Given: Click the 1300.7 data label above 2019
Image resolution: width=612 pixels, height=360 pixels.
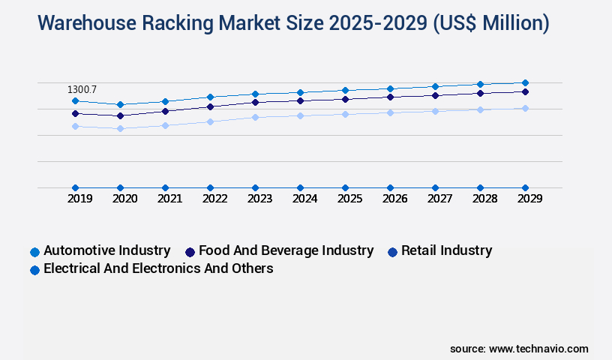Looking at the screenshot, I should pyautogui.click(x=82, y=89).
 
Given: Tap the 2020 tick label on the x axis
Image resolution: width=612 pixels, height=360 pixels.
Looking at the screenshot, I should pyautogui.click(x=124, y=199).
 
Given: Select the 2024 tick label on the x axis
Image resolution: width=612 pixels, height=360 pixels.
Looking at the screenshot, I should pyautogui.click(x=304, y=199).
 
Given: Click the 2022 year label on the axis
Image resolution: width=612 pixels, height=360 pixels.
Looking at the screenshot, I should pyautogui.click(x=214, y=199).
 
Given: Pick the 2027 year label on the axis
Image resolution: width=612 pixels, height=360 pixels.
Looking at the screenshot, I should pyautogui.click(x=439, y=199).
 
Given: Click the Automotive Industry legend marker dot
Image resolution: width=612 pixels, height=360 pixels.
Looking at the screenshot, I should pyautogui.click(x=34, y=252).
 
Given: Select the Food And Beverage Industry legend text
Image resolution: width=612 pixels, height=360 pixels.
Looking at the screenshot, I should pyautogui.click(x=286, y=250).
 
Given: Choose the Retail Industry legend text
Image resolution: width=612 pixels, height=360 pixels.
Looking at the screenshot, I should pyautogui.click(x=446, y=250).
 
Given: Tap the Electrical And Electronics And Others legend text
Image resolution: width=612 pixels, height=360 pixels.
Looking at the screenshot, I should pyautogui.click(x=158, y=268).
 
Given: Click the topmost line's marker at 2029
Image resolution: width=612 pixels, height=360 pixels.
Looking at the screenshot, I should pyautogui.click(x=525, y=82).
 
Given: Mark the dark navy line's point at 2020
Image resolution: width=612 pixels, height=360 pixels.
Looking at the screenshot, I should pyautogui.click(x=120, y=115).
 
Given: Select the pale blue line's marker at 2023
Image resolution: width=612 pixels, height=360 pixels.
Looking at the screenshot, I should pyautogui.click(x=255, y=117).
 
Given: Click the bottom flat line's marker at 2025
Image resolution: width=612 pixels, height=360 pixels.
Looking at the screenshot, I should pyautogui.click(x=345, y=187).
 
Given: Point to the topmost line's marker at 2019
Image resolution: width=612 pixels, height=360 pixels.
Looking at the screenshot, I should pyautogui.click(x=75, y=100).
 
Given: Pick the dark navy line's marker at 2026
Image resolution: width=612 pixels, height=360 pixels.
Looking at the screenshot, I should pyautogui.click(x=390, y=97).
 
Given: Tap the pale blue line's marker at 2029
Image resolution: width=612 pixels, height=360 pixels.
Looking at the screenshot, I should pyautogui.click(x=525, y=108).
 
